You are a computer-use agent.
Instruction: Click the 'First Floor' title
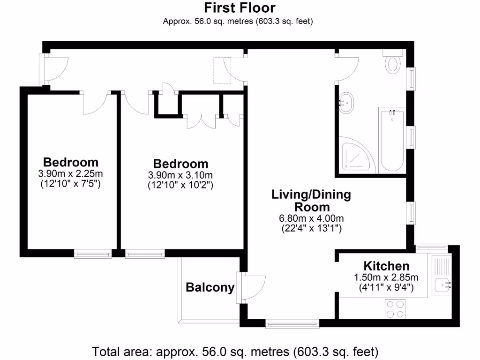click(240, 8)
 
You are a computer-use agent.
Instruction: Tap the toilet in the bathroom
click(392, 62)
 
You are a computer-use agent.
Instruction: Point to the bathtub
click(392, 141)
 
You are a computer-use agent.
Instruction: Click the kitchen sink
click(442, 283)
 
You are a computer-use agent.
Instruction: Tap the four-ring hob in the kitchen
click(395, 309)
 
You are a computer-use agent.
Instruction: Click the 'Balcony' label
click(210, 287)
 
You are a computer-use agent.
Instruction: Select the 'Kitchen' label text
click(386, 266)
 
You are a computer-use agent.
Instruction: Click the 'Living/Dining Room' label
click(311, 201)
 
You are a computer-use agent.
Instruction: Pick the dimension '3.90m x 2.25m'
click(71, 174)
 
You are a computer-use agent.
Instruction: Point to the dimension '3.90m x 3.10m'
click(180, 175)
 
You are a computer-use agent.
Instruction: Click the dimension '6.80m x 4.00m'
click(311, 218)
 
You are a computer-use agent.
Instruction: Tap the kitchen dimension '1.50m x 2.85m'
click(386, 277)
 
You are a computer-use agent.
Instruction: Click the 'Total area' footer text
click(235, 351)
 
